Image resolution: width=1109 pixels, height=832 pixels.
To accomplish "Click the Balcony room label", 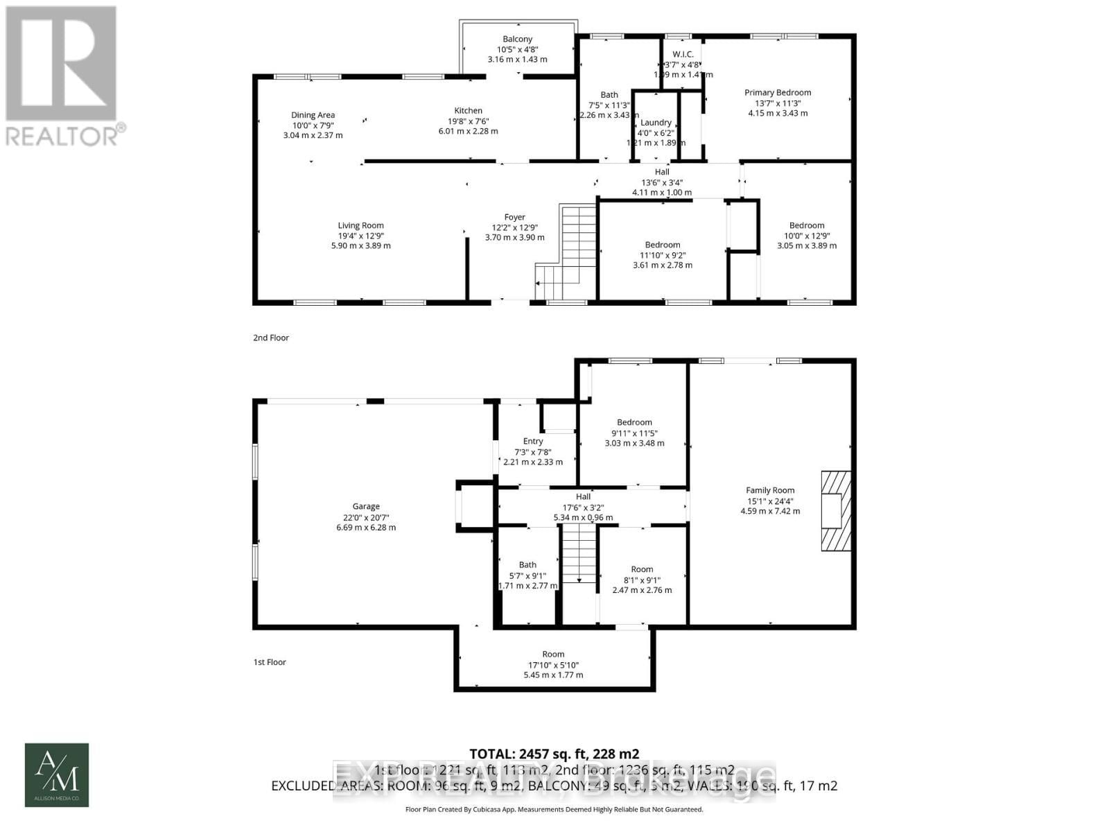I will pyautogui.click(x=517, y=40).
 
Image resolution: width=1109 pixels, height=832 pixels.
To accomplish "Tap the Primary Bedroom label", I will pyautogui.click(x=777, y=92).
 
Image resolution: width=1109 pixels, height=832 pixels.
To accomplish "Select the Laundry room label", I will pyautogui.click(x=656, y=123).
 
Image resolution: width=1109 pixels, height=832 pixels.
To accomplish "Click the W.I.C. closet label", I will pyautogui.click(x=683, y=55).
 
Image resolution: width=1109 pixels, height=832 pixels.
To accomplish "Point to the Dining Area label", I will pyautogui.click(x=313, y=115).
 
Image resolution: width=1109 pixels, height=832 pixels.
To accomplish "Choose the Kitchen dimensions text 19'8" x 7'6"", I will pyautogui.click(x=468, y=121).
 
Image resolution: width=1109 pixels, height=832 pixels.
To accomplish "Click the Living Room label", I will pyautogui.click(x=360, y=225).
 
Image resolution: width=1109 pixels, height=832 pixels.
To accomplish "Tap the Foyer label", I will pyautogui.click(x=514, y=217).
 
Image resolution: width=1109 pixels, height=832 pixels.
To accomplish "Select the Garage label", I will pyautogui.click(x=366, y=507).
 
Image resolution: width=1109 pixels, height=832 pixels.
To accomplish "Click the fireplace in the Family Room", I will pyautogui.click(x=835, y=511).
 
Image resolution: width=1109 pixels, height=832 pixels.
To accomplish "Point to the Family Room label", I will pyautogui.click(x=770, y=490).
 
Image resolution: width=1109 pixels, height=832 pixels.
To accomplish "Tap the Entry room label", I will pyautogui.click(x=532, y=441).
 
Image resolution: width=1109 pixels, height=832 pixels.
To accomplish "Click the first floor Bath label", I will pyautogui.click(x=527, y=565).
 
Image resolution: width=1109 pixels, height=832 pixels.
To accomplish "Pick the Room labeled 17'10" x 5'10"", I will pyautogui.click(x=553, y=654).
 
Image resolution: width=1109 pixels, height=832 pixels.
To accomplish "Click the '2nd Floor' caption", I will pyautogui.click(x=270, y=338).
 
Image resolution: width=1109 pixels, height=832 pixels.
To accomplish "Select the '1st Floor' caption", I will pyautogui.click(x=270, y=662).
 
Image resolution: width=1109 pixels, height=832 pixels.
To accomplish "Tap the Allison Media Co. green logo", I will pyautogui.click(x=57, y=775).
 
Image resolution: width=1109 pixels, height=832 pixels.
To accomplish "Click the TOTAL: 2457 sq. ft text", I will pyautogui.click(x=554, y=754).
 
